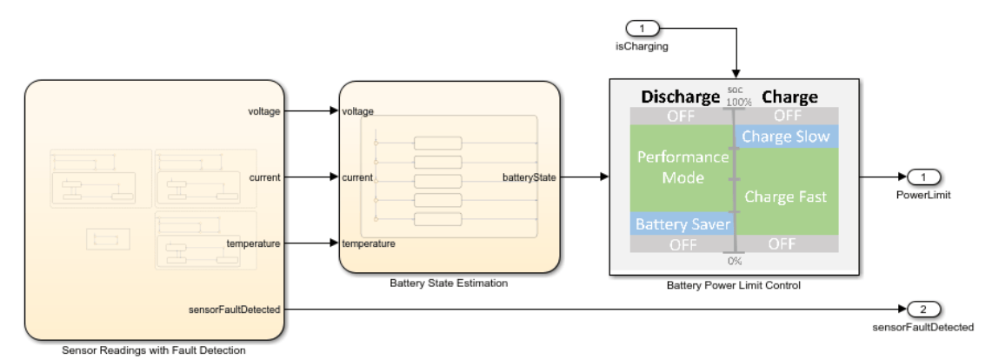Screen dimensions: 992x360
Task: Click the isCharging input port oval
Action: pyautogui.click(x=642, y=29)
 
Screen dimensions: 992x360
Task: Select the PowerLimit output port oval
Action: pyautogui.click(x=923, y=177)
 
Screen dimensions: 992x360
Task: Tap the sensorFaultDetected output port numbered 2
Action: pyautogui.click(x=923, y=310)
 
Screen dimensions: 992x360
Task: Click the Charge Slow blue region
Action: pyautogui.click(x=787, y=137)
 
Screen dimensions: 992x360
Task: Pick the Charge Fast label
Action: pyautogui.click(x=785, y=197)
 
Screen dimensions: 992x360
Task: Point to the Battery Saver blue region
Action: pyautogui.click(x=682, y=224)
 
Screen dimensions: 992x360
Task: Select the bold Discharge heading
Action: pyautogui.click(x=681, y=97)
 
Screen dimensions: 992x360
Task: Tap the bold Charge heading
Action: pyautogui.click(x=789, y=97)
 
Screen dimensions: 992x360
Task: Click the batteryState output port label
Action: pyautogui.click(x=529, y=177)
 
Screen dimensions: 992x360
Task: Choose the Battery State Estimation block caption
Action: pyautogui.click(x=449, y=283)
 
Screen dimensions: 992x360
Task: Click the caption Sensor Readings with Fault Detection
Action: pyautogui.click(x=154, y=350)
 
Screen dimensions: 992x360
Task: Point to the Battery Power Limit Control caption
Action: pyautogui.click(x=734, y=285)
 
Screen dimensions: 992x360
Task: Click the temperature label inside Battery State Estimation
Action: pyautogui.click(x=369, y=243)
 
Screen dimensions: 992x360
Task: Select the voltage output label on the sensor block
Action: pyautogui.click(x=263, y=111)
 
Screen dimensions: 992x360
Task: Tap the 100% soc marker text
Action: pyautogui.click(x=734, y=101)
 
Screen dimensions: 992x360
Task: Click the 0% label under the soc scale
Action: pyautogui.click(x=734, y=261)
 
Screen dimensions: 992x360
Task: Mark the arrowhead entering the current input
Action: pyautogui.click(x=334, y=177)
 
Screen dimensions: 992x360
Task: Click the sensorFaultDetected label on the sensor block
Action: pyautogui.click(x=234, y=310)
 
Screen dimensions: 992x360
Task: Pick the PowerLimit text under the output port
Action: pyautogui.click(x=923, y=195)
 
